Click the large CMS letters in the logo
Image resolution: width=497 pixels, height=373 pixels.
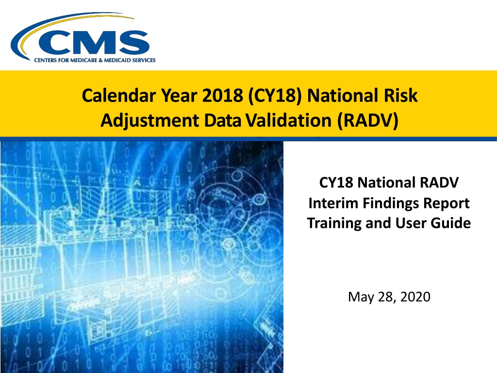pos(94,43)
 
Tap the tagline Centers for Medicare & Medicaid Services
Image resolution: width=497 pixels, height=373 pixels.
pos(95,60)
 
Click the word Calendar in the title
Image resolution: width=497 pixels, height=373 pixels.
pos(119,96)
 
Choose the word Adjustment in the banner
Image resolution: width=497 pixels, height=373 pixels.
pos(149,120)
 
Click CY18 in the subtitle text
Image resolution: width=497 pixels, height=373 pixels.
pos(336,183)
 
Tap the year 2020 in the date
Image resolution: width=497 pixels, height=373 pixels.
pos(415,297)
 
